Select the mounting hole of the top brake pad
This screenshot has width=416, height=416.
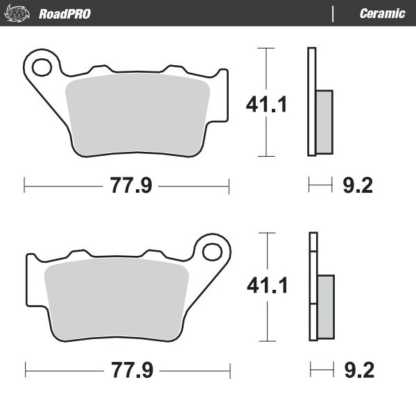point(42,67)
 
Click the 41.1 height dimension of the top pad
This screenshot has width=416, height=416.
point(267,104)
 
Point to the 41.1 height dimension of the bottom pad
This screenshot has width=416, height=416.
point(267,285)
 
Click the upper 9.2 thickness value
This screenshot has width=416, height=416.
point(358,185)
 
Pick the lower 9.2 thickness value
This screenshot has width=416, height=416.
point(358,370)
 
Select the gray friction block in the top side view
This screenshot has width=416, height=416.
point(324,122)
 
